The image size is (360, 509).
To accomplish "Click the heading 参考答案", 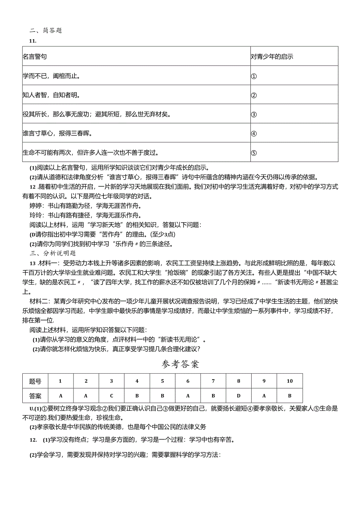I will pyautogui.click(x=180, y=365).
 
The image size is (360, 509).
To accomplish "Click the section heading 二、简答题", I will pyautogui.click(x=46, y=31).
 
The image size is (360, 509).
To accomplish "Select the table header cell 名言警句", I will pyautogui.click(x=35, y=56).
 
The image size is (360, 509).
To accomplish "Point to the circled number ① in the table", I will pyautogui.click(x=254, y=76).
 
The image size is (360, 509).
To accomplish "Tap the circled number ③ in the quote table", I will pyautogui.click(x=254, y=114).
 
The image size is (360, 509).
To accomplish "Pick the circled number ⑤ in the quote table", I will pyautogui.click(x=254, y=153).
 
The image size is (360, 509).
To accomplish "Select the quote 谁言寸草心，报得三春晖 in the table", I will pyautogui.click(x=58, y=133).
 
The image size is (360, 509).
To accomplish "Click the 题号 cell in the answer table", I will pyautogui.click(x=35, y=381).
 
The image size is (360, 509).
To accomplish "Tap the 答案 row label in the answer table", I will pyautogui.click(x=35, y=396).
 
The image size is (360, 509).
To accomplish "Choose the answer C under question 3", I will pyautogui.click(x=112, y=396).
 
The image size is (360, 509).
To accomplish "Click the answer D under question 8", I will pyautogui.click(x=239, y=396).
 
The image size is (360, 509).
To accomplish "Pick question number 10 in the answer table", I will pyautogui.click(x=290, y=381).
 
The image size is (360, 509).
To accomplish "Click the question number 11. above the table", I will pyautogui.click(x=32, y=41).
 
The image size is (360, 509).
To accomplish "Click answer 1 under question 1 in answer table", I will pyautogui.click(x=60, y=396).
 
